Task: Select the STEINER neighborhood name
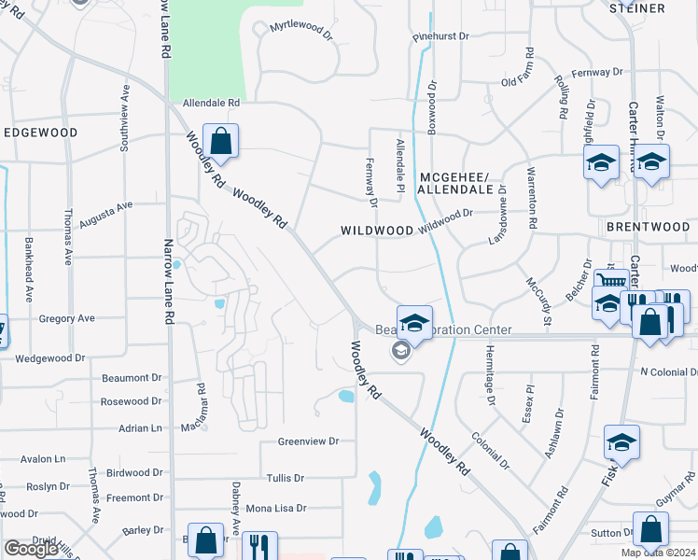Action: (637, 8)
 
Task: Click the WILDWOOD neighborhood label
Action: (377, 230)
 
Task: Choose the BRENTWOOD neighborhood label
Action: (648, 227)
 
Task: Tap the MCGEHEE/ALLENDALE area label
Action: (454, 182)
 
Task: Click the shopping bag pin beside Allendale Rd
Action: (221, 143)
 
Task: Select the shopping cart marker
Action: (611, 280)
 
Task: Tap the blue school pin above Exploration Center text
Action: (414, 323)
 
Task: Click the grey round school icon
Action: (400, 350)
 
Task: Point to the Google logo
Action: (31, 549)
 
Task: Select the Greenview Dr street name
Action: (308, 441)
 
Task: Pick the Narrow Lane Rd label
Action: (169, 280)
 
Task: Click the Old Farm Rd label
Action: (522, 82)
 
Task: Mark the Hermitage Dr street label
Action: (489, 376)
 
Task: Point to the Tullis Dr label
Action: (286, 478)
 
